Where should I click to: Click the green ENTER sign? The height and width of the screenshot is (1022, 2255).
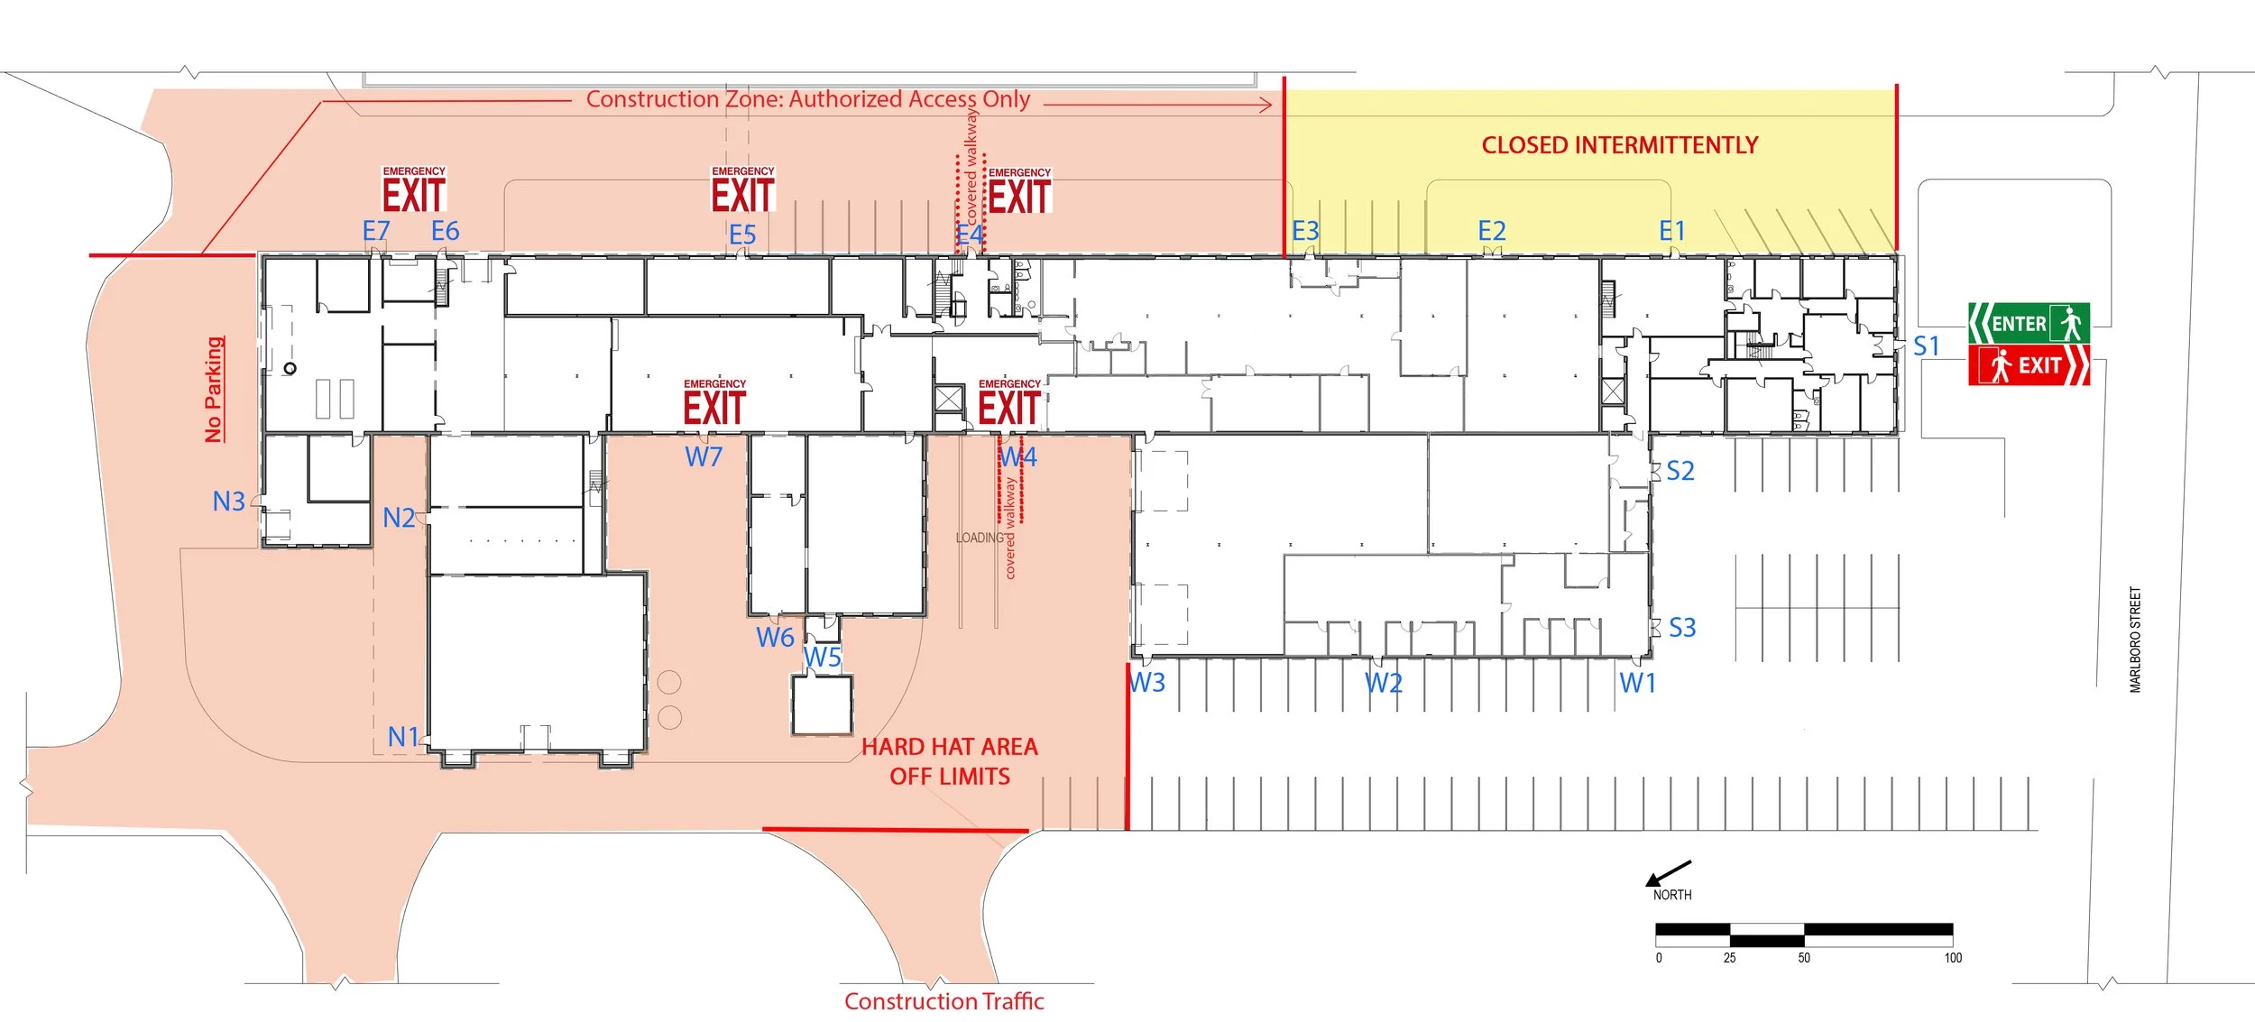[2028, 323]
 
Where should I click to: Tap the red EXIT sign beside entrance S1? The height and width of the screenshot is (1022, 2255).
[2028, 365]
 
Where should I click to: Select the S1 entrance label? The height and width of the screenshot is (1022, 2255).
[1926, 346]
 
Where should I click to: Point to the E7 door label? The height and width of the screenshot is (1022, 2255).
[376, 232]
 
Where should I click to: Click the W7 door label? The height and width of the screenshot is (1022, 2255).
[704, 457]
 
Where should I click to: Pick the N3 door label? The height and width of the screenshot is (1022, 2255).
[228, 502]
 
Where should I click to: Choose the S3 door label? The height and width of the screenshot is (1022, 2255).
[1682, 628]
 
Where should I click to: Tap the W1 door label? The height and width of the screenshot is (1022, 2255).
[1638, 684]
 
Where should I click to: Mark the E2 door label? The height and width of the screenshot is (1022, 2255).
[1492, 232]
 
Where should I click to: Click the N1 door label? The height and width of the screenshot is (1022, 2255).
[403, 737]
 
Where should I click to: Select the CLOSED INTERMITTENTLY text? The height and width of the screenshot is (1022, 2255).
[1620, 145]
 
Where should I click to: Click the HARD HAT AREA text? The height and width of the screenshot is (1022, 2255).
[950, 747]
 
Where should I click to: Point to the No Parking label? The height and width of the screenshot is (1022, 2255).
[214, 390]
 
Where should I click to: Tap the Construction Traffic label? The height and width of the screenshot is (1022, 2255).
[943, 1001]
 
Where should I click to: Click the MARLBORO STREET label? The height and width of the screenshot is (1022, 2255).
[2135, 640]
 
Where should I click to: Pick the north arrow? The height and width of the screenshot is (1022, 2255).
[1668, 873]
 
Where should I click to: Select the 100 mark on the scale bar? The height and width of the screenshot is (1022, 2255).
[1953, 958]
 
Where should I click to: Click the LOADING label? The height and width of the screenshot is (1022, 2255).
[980, 538]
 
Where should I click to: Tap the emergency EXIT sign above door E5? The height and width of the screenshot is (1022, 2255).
[743, 190]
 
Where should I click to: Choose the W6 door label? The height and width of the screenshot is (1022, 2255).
[775, 638]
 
